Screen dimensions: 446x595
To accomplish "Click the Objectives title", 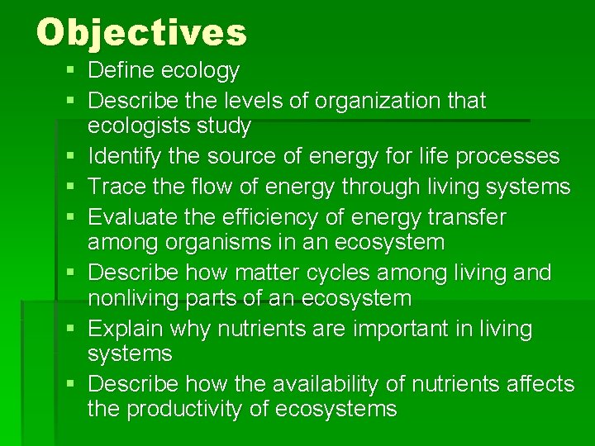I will (141, 33).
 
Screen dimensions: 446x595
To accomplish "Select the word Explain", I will (125, 329).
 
